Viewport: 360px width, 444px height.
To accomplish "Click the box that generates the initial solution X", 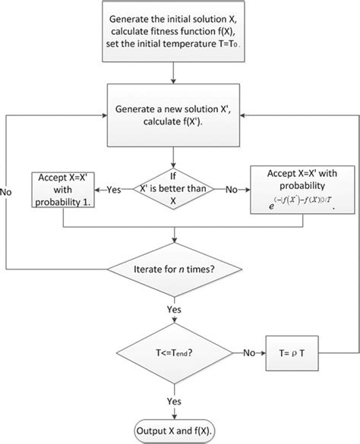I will (x=175, y=34).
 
